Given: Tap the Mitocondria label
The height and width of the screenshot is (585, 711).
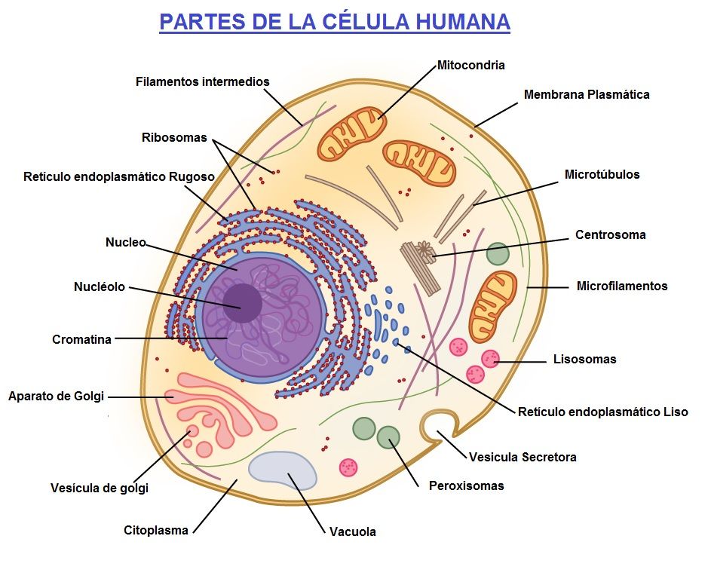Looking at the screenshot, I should coord(470,66).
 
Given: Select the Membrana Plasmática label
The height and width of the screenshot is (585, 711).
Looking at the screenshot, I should coord(586,95).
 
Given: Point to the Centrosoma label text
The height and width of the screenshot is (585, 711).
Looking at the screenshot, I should coord(610,234).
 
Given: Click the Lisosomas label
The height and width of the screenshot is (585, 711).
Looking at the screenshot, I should coord(584,359).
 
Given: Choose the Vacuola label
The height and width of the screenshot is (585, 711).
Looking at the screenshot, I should coord(352,531).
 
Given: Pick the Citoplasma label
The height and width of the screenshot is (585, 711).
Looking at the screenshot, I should coord(155,530).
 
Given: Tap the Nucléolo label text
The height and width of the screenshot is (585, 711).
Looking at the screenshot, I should coord(99,287).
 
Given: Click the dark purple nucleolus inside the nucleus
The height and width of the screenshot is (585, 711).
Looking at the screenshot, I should coord(242,303).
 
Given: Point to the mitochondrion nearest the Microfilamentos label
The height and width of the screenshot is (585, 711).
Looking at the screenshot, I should coord(493,305).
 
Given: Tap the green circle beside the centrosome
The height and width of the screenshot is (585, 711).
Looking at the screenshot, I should coord(498,253).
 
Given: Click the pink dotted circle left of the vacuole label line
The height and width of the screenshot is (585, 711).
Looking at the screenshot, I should coord(348,467).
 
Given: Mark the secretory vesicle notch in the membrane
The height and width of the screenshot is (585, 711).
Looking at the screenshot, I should coord(437,424).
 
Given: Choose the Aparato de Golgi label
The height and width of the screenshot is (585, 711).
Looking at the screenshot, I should coord(56,396).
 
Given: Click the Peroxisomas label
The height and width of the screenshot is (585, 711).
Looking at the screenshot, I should coord(466,485).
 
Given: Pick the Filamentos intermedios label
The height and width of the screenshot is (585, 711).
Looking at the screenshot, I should coord(202,81).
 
